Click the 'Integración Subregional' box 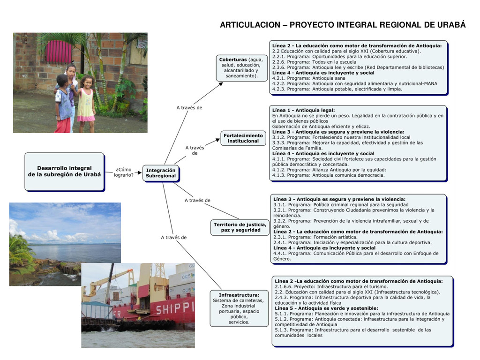click(x=161, y=173)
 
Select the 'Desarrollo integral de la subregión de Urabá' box click(x=64, y=172)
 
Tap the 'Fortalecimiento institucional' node click(x=243, y=138)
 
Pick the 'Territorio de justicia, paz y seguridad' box click(x=240, y=227)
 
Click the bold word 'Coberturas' click(x=233, y=60)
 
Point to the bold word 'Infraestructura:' click(x=239, y=295)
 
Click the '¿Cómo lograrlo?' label click(x=124, y=172)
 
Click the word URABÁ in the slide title click(x=451, y=25)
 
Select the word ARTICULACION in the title click(x=250, y=25)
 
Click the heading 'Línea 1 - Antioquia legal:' click(x=304, y=110)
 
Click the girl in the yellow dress click(x=86, y=103)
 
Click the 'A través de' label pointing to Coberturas click(x=189, y=108)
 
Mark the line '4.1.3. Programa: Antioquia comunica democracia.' click(x=328, y=175)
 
